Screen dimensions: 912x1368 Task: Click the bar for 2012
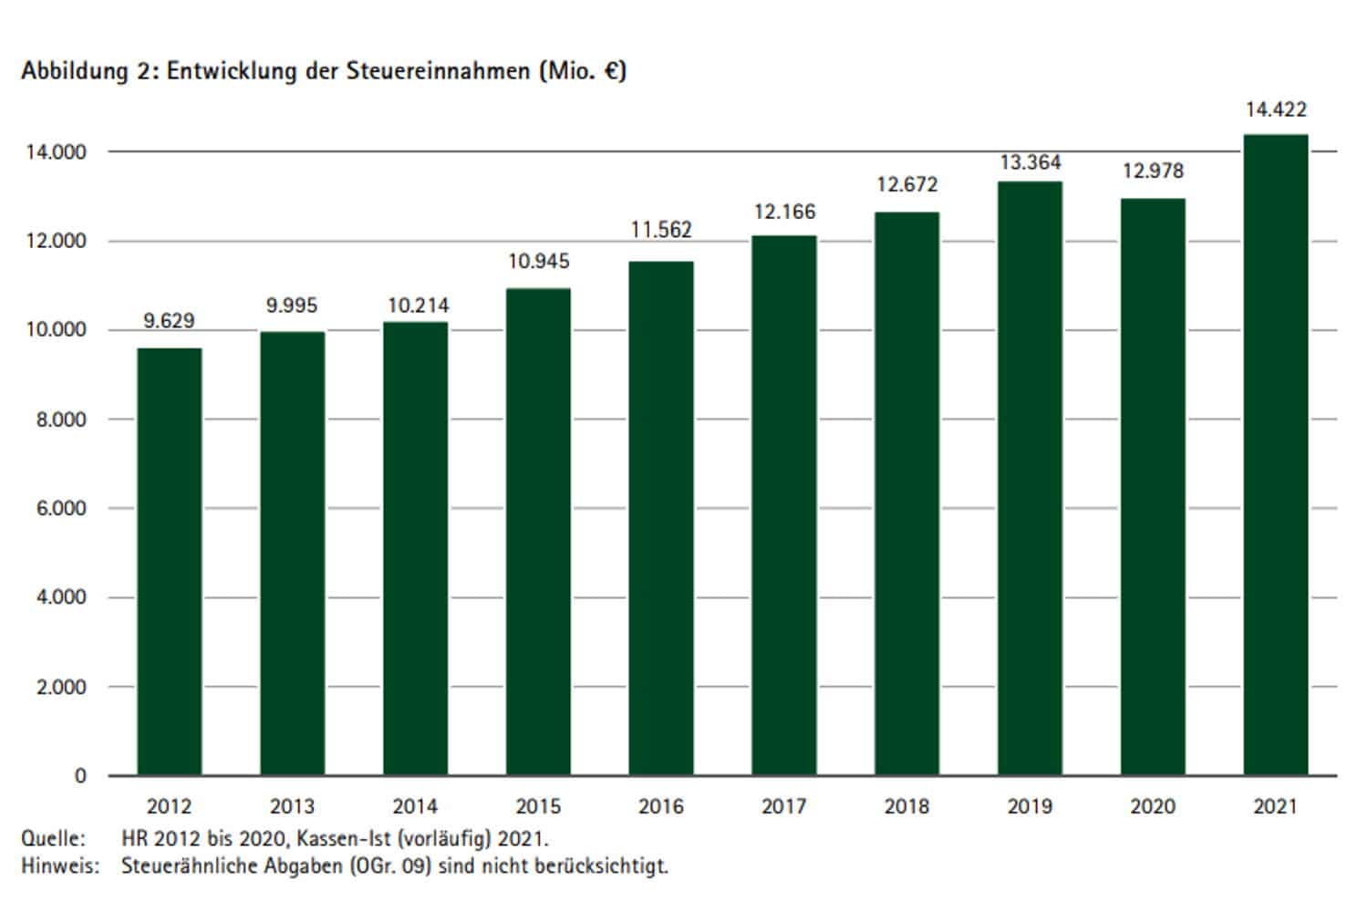pyautogui.click(x=170, y=561)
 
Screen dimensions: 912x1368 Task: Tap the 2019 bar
pyautogui.click(x=1030, y=478)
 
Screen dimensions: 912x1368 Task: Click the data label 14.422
pyautogui.click(x=1276, y=110)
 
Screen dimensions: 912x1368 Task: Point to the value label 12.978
pyautogui.click(x=1153, y=171)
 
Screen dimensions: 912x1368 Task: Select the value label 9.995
pyautogui.click(x=292, y=306)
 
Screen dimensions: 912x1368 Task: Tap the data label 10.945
pyautogui.click(x=538, y=262)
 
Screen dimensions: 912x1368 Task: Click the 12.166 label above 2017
pyautogui.click(x=784, y=212)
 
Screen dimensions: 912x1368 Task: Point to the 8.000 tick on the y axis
pyautogui.click(x=61, y=420)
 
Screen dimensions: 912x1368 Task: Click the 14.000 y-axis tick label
pyautogui.click(x=57, y=152)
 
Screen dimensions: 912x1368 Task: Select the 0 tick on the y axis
pyautogui.click(x=80, y=776)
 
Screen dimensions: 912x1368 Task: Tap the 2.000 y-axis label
pyautogui.click(x=61, y=688)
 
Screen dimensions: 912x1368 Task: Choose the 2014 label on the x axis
pyautogui.click(x=415, y=807)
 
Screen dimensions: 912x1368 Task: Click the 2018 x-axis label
pyautogui.click(x=907, y=807)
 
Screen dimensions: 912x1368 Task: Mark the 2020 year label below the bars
pyautogui.click(x=1153, y=807)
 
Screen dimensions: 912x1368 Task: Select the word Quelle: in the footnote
pyautogui.click(x=53, y=838)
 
